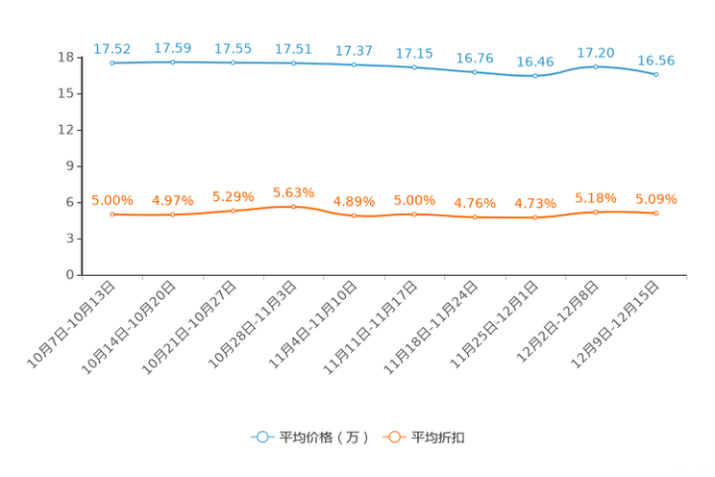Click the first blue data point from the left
coord(112,63)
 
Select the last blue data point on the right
coord(656,74)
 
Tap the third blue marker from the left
coord(234,63)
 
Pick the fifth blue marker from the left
coord(355,65)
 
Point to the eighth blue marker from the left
coord(535,75)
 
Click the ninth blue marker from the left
coord(596,66)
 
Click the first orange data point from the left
coord(112,213)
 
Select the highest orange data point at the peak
coord(294,206)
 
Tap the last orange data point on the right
coord(656,213)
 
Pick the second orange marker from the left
coord(173,214)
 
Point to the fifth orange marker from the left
coord(355,215)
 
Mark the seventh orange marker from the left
coord(475,217)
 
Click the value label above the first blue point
coord(112,47)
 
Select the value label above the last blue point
coord(656,61)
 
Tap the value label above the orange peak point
coord(294,191)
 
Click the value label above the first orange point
coord(112,199)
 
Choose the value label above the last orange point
coord(656,199)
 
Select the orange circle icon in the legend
coord(393,437)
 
